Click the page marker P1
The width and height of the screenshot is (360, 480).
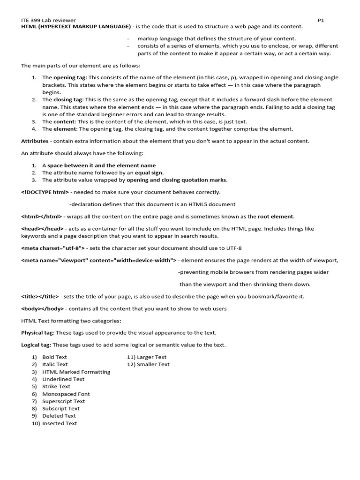coord(321,21)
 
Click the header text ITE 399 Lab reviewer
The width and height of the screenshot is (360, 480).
coord(49,21)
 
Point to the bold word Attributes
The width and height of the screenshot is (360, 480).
coord(35,141)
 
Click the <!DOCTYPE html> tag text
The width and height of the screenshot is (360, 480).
coord(45,192)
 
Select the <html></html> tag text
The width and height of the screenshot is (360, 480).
coord(42,217)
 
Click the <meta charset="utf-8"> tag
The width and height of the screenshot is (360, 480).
coord(52,248)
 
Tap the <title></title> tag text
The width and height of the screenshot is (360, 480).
coord(40,297)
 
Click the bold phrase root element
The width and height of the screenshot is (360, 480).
coord(276,217)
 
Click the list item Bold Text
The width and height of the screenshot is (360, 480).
coord(55,357)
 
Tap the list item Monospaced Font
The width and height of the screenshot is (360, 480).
coord(66,394)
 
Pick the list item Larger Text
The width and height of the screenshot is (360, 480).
coord(151,357)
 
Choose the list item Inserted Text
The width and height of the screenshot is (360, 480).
coord(60,424)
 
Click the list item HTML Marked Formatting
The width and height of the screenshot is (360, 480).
coord(76,372)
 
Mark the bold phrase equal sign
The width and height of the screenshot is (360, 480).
coord(149,173)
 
